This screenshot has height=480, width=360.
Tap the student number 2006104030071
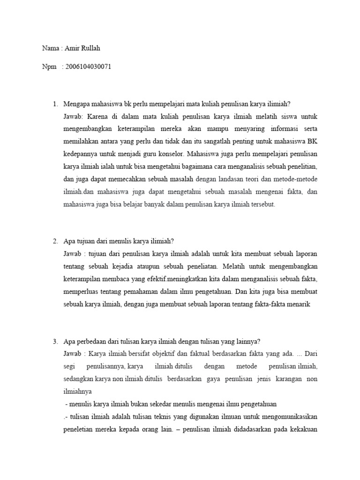pos(89,67)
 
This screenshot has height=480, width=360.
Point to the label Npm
pos(49,67)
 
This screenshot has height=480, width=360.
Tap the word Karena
pos(98,116)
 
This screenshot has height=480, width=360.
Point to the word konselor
pos(172,153)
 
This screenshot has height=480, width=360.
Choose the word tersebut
pos(264,204)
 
